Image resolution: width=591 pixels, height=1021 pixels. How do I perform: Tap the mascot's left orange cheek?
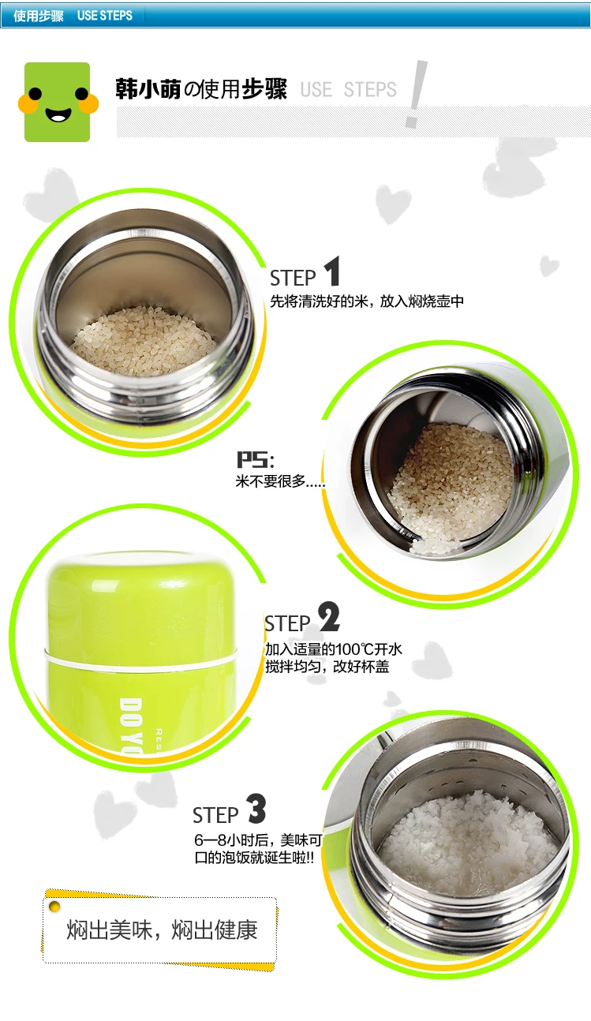(28, 104)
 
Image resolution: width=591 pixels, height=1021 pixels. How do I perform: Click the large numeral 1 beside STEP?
(332, 271)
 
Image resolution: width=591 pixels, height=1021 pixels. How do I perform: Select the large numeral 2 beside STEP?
(329, 617)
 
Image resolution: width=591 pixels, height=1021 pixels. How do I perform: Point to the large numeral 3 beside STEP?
(256, 808)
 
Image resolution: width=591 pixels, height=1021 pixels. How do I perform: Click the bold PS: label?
(255, 459)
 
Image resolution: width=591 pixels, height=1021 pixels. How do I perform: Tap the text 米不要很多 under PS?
(270, 481)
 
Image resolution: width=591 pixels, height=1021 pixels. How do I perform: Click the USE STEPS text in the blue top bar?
(105, 16)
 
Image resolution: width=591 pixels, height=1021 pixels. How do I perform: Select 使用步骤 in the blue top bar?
(39, 16)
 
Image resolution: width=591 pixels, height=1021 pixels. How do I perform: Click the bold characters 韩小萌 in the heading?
(148, 89)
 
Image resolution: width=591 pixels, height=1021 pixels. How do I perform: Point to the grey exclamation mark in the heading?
(417, 93)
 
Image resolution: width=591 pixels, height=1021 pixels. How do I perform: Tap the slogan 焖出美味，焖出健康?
(163, 929)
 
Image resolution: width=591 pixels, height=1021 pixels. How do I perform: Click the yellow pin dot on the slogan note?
(54, 907)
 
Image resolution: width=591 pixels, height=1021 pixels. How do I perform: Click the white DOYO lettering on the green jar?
(131, 726)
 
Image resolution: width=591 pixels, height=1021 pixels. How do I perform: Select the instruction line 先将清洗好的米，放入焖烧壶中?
(367, 301)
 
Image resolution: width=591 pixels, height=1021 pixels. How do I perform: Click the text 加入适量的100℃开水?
(334, 649)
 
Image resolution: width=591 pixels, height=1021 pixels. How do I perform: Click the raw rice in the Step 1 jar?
(144, 341)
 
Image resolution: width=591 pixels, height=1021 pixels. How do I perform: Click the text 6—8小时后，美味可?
(258, 840)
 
